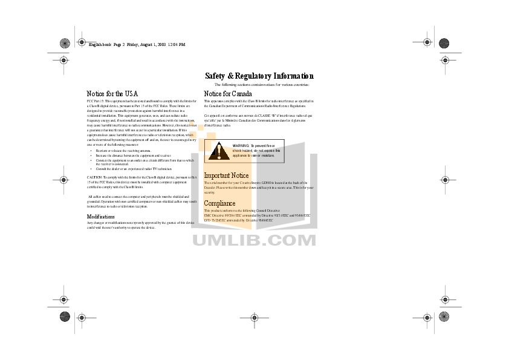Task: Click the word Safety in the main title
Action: [x=215, y=76]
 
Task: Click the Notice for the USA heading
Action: [x=112, y=93]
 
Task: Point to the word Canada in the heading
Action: [x=233, y=93]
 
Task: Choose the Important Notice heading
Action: [x=226, y=175]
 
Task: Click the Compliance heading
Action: [x=219, y=203]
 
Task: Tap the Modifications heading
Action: [x=101, y=216]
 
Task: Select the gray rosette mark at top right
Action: [x=444, y=43]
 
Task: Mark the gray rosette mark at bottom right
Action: [x=444, y=316]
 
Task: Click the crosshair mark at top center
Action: [x=254, y=43]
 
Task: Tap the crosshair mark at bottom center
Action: [x=254, y=316]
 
